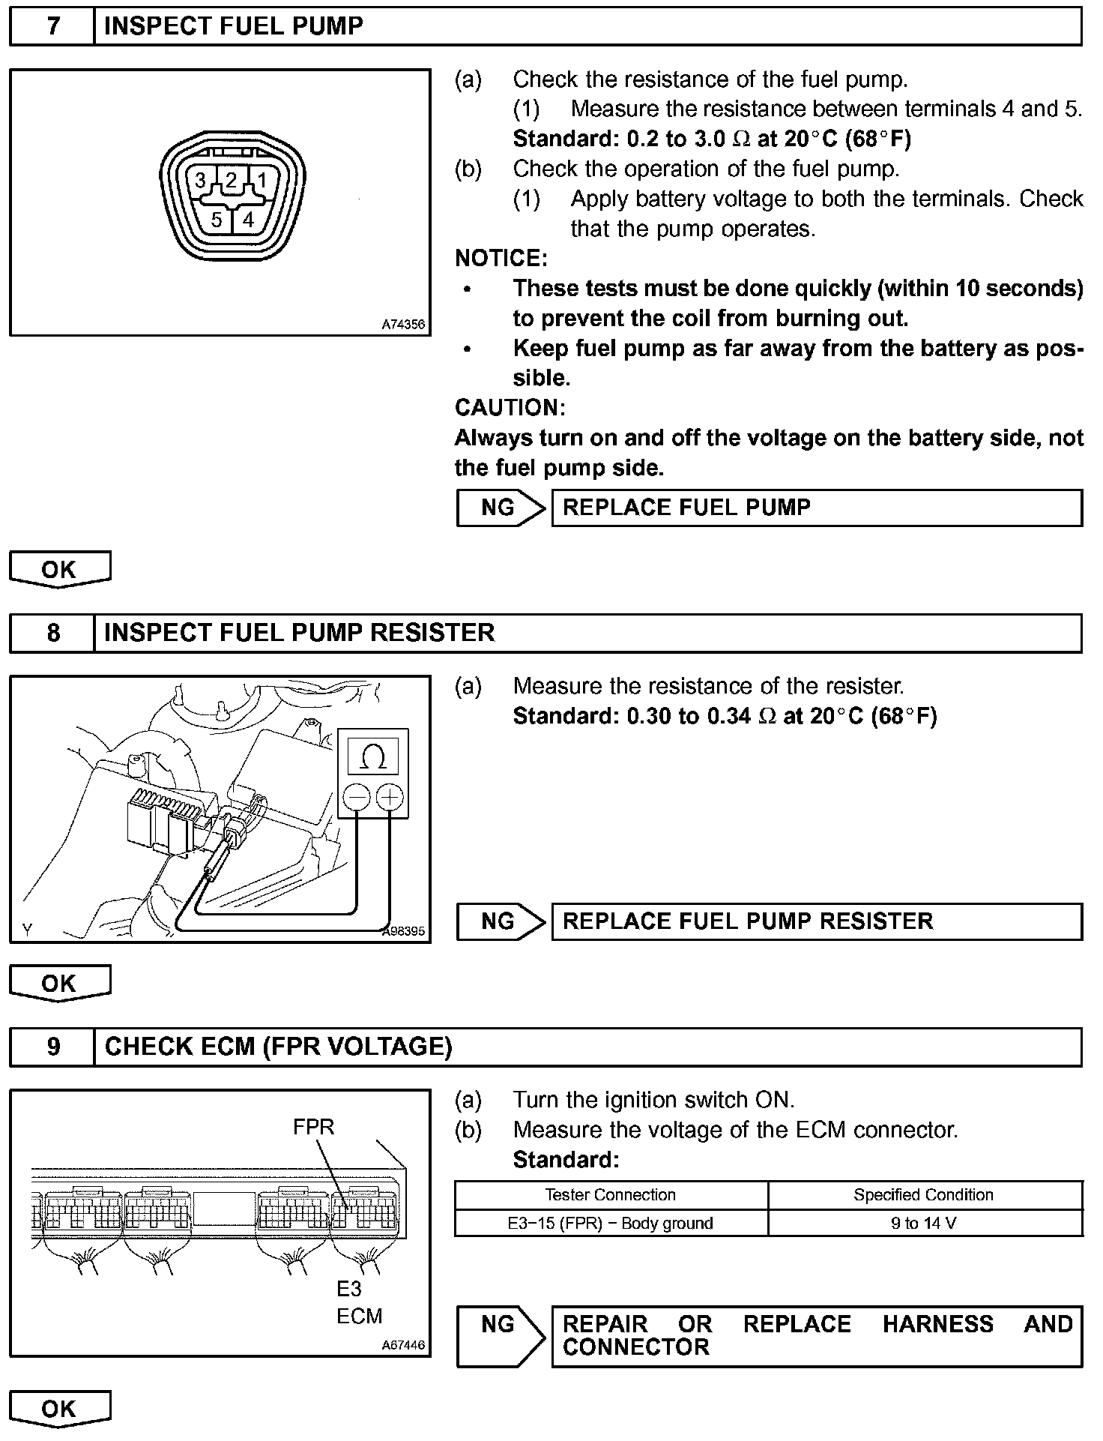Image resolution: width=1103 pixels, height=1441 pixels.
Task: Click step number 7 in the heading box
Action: (x=52, y=27)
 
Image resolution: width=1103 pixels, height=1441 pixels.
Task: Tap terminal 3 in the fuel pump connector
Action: (x=200, y=181)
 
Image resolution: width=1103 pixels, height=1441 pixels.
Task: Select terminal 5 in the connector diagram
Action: (x=216, y=220)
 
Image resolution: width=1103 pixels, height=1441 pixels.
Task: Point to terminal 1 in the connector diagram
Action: (x=262, y=181)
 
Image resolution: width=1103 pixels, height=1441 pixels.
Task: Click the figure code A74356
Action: (x=403, y=325)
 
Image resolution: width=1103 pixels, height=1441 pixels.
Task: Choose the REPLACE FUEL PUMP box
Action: (x=816, y=508)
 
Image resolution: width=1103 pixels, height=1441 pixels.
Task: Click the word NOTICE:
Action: (x=501, y=259)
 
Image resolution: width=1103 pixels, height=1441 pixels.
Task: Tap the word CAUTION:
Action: (x=510, y=408)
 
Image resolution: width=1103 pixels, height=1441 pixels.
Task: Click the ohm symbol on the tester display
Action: (x=373, y=757)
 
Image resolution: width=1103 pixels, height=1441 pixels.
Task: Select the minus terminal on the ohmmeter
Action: (x=357, y=797)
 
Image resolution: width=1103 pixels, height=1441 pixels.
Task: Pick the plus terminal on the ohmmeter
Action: (x=390, y=797)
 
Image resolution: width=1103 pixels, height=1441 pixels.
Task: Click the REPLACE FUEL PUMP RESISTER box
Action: (x=816, y=921)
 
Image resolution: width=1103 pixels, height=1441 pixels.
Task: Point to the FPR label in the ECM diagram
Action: (x=313, y=1127)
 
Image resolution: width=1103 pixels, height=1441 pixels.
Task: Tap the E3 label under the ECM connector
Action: (x=349, y=1289)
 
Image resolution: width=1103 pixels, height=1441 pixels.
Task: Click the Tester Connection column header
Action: (x=610, y=1195)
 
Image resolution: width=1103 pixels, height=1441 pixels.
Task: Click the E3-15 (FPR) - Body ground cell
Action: (x=610, y=1224)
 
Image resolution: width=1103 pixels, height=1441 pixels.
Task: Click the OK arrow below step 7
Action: (x=59, y=570)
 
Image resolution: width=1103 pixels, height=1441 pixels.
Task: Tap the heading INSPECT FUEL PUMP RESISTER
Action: (x=299, y=633)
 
